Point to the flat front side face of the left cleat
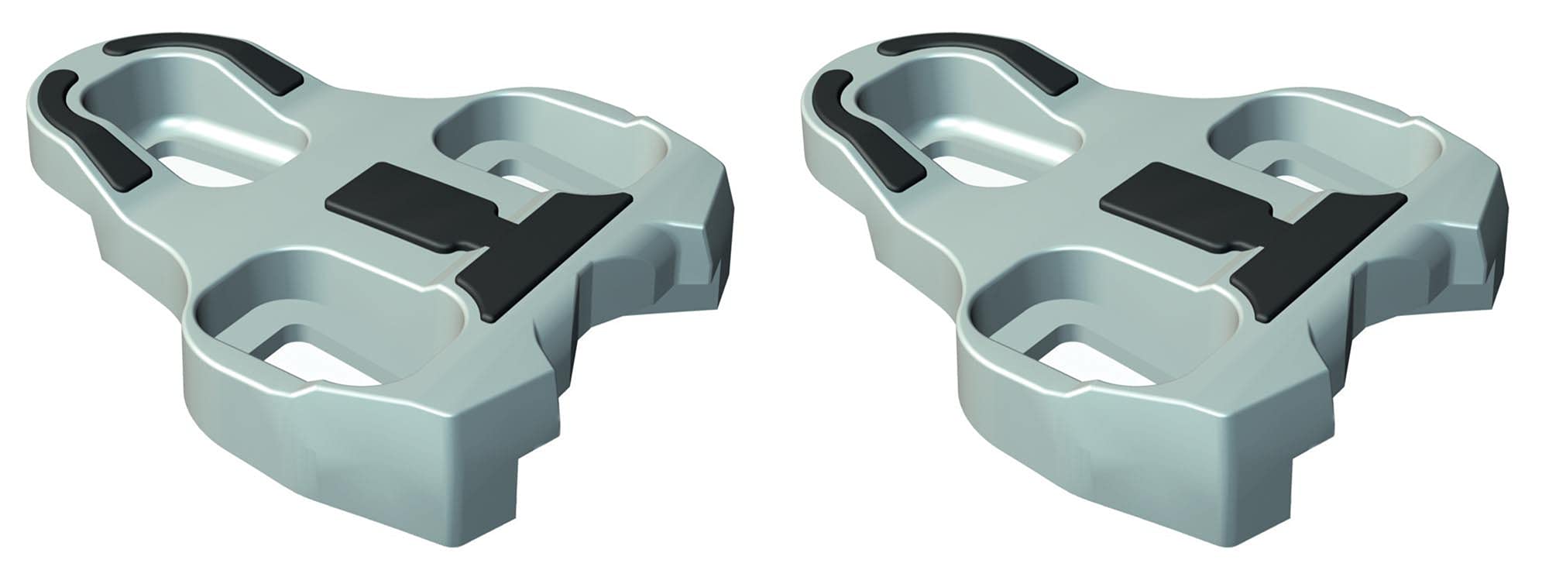(x=325, y=457)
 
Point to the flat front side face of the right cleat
(x=1100, y=457)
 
